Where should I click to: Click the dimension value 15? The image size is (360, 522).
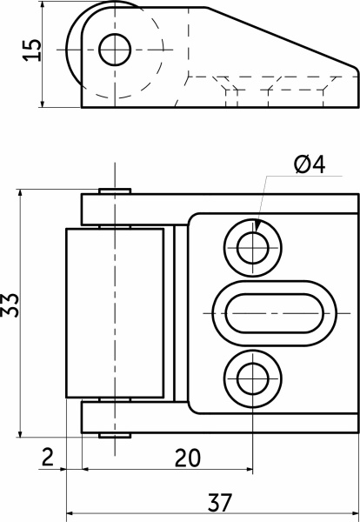click(32, 50)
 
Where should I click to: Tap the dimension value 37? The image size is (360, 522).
click(219, 502)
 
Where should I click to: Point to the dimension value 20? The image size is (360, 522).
click(188, 458)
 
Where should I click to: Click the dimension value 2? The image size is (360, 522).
click(48, 457)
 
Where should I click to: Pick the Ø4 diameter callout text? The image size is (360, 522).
click(310, 164)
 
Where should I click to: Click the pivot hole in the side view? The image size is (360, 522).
click(115, 50)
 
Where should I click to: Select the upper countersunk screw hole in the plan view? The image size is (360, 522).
click(253, 248)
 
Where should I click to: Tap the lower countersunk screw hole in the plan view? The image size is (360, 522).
click(253, 378)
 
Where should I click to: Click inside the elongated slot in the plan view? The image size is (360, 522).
click(275, 313)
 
